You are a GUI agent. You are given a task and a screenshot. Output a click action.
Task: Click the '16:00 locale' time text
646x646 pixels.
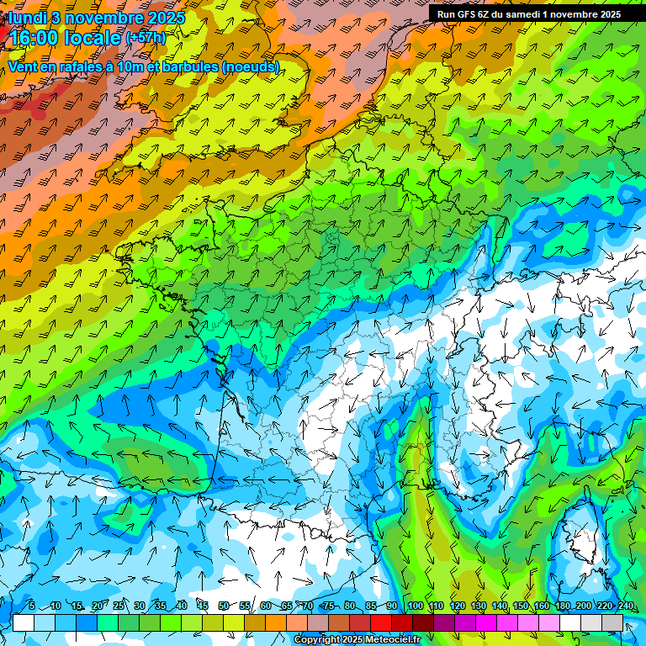[63, 38]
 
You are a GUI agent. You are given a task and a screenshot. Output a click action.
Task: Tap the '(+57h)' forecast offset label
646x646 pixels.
[146, 38]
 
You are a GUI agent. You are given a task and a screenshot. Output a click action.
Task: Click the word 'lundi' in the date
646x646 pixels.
[26, 17]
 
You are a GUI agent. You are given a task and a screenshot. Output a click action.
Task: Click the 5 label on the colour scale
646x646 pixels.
[32, 606]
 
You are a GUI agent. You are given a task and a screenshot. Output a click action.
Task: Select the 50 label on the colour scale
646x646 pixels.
[223, 606]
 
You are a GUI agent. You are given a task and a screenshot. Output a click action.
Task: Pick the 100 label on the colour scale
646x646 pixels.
[415, 606]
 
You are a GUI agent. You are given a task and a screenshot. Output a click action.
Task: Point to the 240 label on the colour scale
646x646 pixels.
[625, 606]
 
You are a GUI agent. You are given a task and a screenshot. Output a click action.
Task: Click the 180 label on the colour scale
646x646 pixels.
[562, 606]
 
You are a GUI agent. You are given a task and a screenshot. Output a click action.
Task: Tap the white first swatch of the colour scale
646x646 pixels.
[24, 622]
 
